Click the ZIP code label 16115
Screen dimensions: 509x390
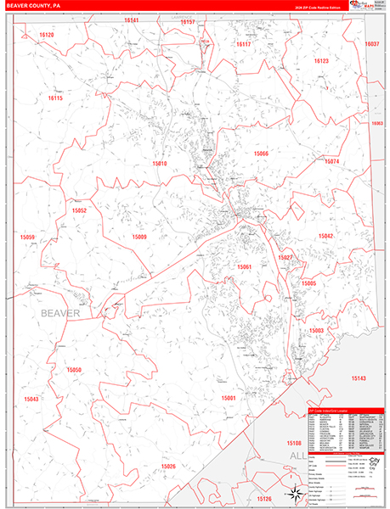55,98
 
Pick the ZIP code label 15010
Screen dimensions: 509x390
160,163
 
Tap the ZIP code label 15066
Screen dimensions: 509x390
261,154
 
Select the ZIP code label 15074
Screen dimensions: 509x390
331,161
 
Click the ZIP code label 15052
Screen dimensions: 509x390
79,210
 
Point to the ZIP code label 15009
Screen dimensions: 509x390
139,238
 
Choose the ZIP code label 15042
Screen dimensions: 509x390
326,237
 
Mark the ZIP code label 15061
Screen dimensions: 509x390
245,267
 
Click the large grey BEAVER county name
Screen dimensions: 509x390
59,313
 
